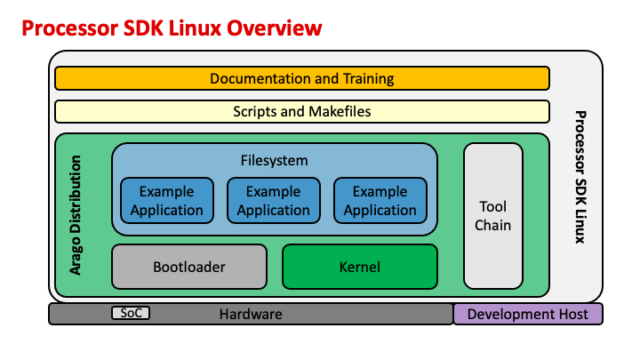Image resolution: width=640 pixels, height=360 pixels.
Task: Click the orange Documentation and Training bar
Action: coord(301,79)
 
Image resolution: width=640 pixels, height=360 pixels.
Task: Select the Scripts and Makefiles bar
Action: coord(301,112)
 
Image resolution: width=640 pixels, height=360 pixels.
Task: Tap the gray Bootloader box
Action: coord(188,267)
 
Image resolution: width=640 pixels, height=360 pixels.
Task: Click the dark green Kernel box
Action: coord(359,267)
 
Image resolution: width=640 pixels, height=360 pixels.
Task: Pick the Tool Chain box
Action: coord(492,216)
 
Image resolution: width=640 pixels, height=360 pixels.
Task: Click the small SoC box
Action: coord(131,313)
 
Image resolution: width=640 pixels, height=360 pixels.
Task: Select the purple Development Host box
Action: coord(527,314)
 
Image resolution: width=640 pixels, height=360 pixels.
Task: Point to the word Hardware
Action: coord(251,314)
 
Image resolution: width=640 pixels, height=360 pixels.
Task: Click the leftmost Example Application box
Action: coord(166,201)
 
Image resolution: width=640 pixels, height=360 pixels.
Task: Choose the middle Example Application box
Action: coord(273,201)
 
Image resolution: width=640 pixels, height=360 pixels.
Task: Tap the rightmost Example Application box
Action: coord(380,201)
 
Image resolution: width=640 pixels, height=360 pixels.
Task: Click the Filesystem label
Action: coord(274,161)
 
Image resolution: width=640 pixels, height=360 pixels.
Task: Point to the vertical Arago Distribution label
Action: coord(76,215)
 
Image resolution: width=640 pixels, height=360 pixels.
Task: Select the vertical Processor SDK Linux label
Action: coord(580,178)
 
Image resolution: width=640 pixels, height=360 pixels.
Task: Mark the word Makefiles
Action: coord(339,112)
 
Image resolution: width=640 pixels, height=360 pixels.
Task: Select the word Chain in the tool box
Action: coord(492,225)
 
